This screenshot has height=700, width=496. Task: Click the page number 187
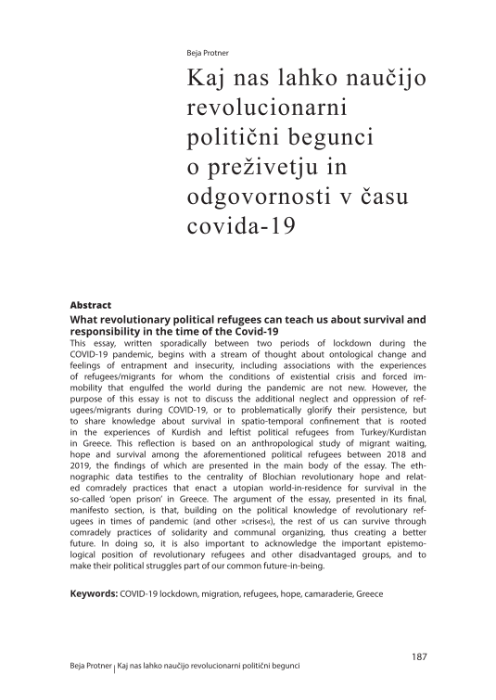click(417, 656)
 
